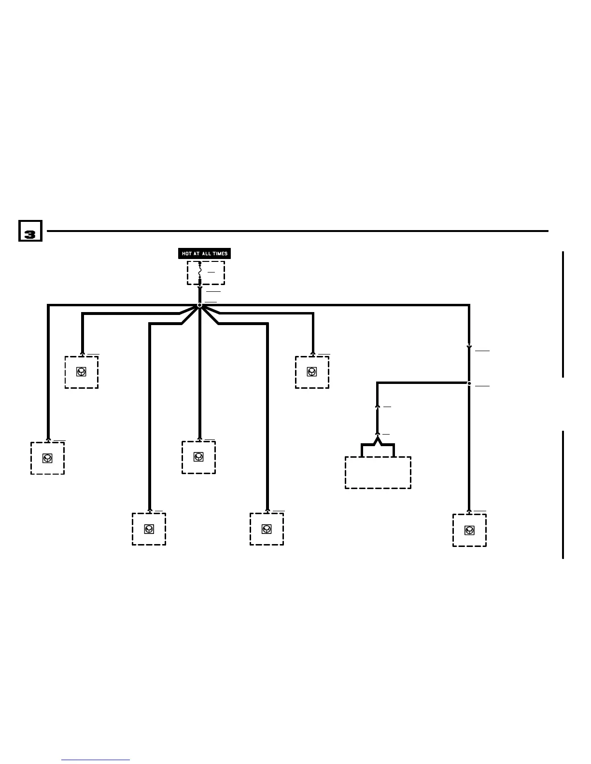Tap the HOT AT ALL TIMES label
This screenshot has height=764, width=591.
pyautogui.click(x=204, y=254)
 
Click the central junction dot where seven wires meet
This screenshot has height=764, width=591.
pyautogui.click(x=199, y=305)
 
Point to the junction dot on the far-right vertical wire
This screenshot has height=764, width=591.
pyautogui.click(x=469, y=383)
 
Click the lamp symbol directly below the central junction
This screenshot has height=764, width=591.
pyautogui.click(x=198, y=457)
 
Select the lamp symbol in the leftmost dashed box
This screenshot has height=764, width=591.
pyautogui.click(x=47, y=458)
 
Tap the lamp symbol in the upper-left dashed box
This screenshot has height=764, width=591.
pyautogui.click(x=81, y=372)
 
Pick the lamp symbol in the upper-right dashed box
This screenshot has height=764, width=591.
pyautogui.click(x=312, y=372)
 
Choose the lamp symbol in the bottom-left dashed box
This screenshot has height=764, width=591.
pyautogui.click(x=149, y=529)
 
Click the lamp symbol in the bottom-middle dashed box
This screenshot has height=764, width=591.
pyautogui.click(x=267, y=529)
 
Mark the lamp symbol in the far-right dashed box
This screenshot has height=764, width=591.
pyautogui.click(x=469, y=530)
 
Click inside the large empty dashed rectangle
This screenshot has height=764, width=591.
pyautogui.click(x=378, y=473)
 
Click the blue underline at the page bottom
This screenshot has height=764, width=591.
pyautogui.click(x=96, y=760)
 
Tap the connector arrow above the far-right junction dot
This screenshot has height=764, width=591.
pyautogui.click(x=469, y=347)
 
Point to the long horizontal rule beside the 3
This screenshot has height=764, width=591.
pyautogui.click(x=297, y=231)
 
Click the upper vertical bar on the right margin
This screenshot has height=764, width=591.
pyautogui.click(x=563, y=314)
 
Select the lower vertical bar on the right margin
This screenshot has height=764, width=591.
pyautogui.click(x=563, y=494)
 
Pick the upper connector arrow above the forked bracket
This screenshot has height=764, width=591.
pyautogui.click(x=378, y=407)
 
